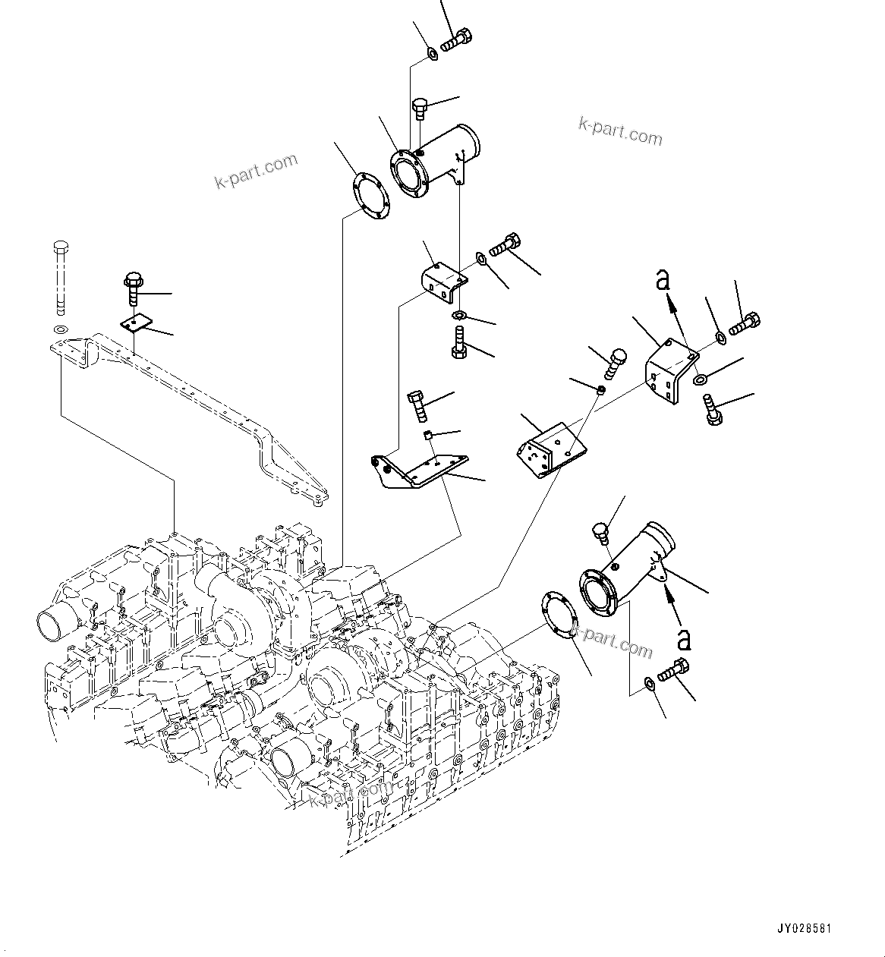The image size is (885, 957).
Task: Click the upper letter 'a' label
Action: (663, 281)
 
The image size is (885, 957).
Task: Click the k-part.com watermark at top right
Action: (620, 131)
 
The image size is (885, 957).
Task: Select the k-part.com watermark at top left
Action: (256, 172)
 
